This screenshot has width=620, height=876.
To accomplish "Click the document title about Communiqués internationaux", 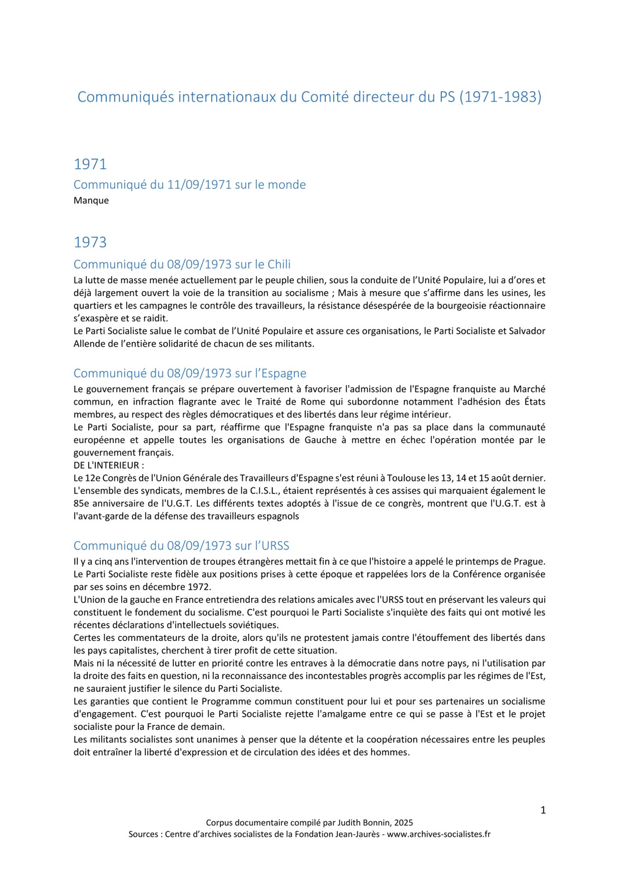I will pyautogui.click(x=309, y=97).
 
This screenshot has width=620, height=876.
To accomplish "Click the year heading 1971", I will pyautogui.click(x=90, y=164).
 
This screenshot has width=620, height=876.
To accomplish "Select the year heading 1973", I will pyautogui.click(x=90, y=242).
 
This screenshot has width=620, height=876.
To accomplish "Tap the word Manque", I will pyautogui.click(x=91, y=201).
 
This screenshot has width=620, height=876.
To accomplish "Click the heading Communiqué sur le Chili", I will pyautogui.click(x=182, y=265).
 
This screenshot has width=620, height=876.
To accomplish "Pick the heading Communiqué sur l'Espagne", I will pyautogui.click(x=190, y=373).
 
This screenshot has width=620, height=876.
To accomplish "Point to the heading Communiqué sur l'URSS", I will pyautogui.click(x=181, y=546).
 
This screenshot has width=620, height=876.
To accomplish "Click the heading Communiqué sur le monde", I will pyautogui.click(x=189, y=185).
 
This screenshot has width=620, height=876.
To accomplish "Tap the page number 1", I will pyautogui.click(x=543, y=810).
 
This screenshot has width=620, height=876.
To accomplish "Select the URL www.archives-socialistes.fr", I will pyautogui.click(x=439, y=834).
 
